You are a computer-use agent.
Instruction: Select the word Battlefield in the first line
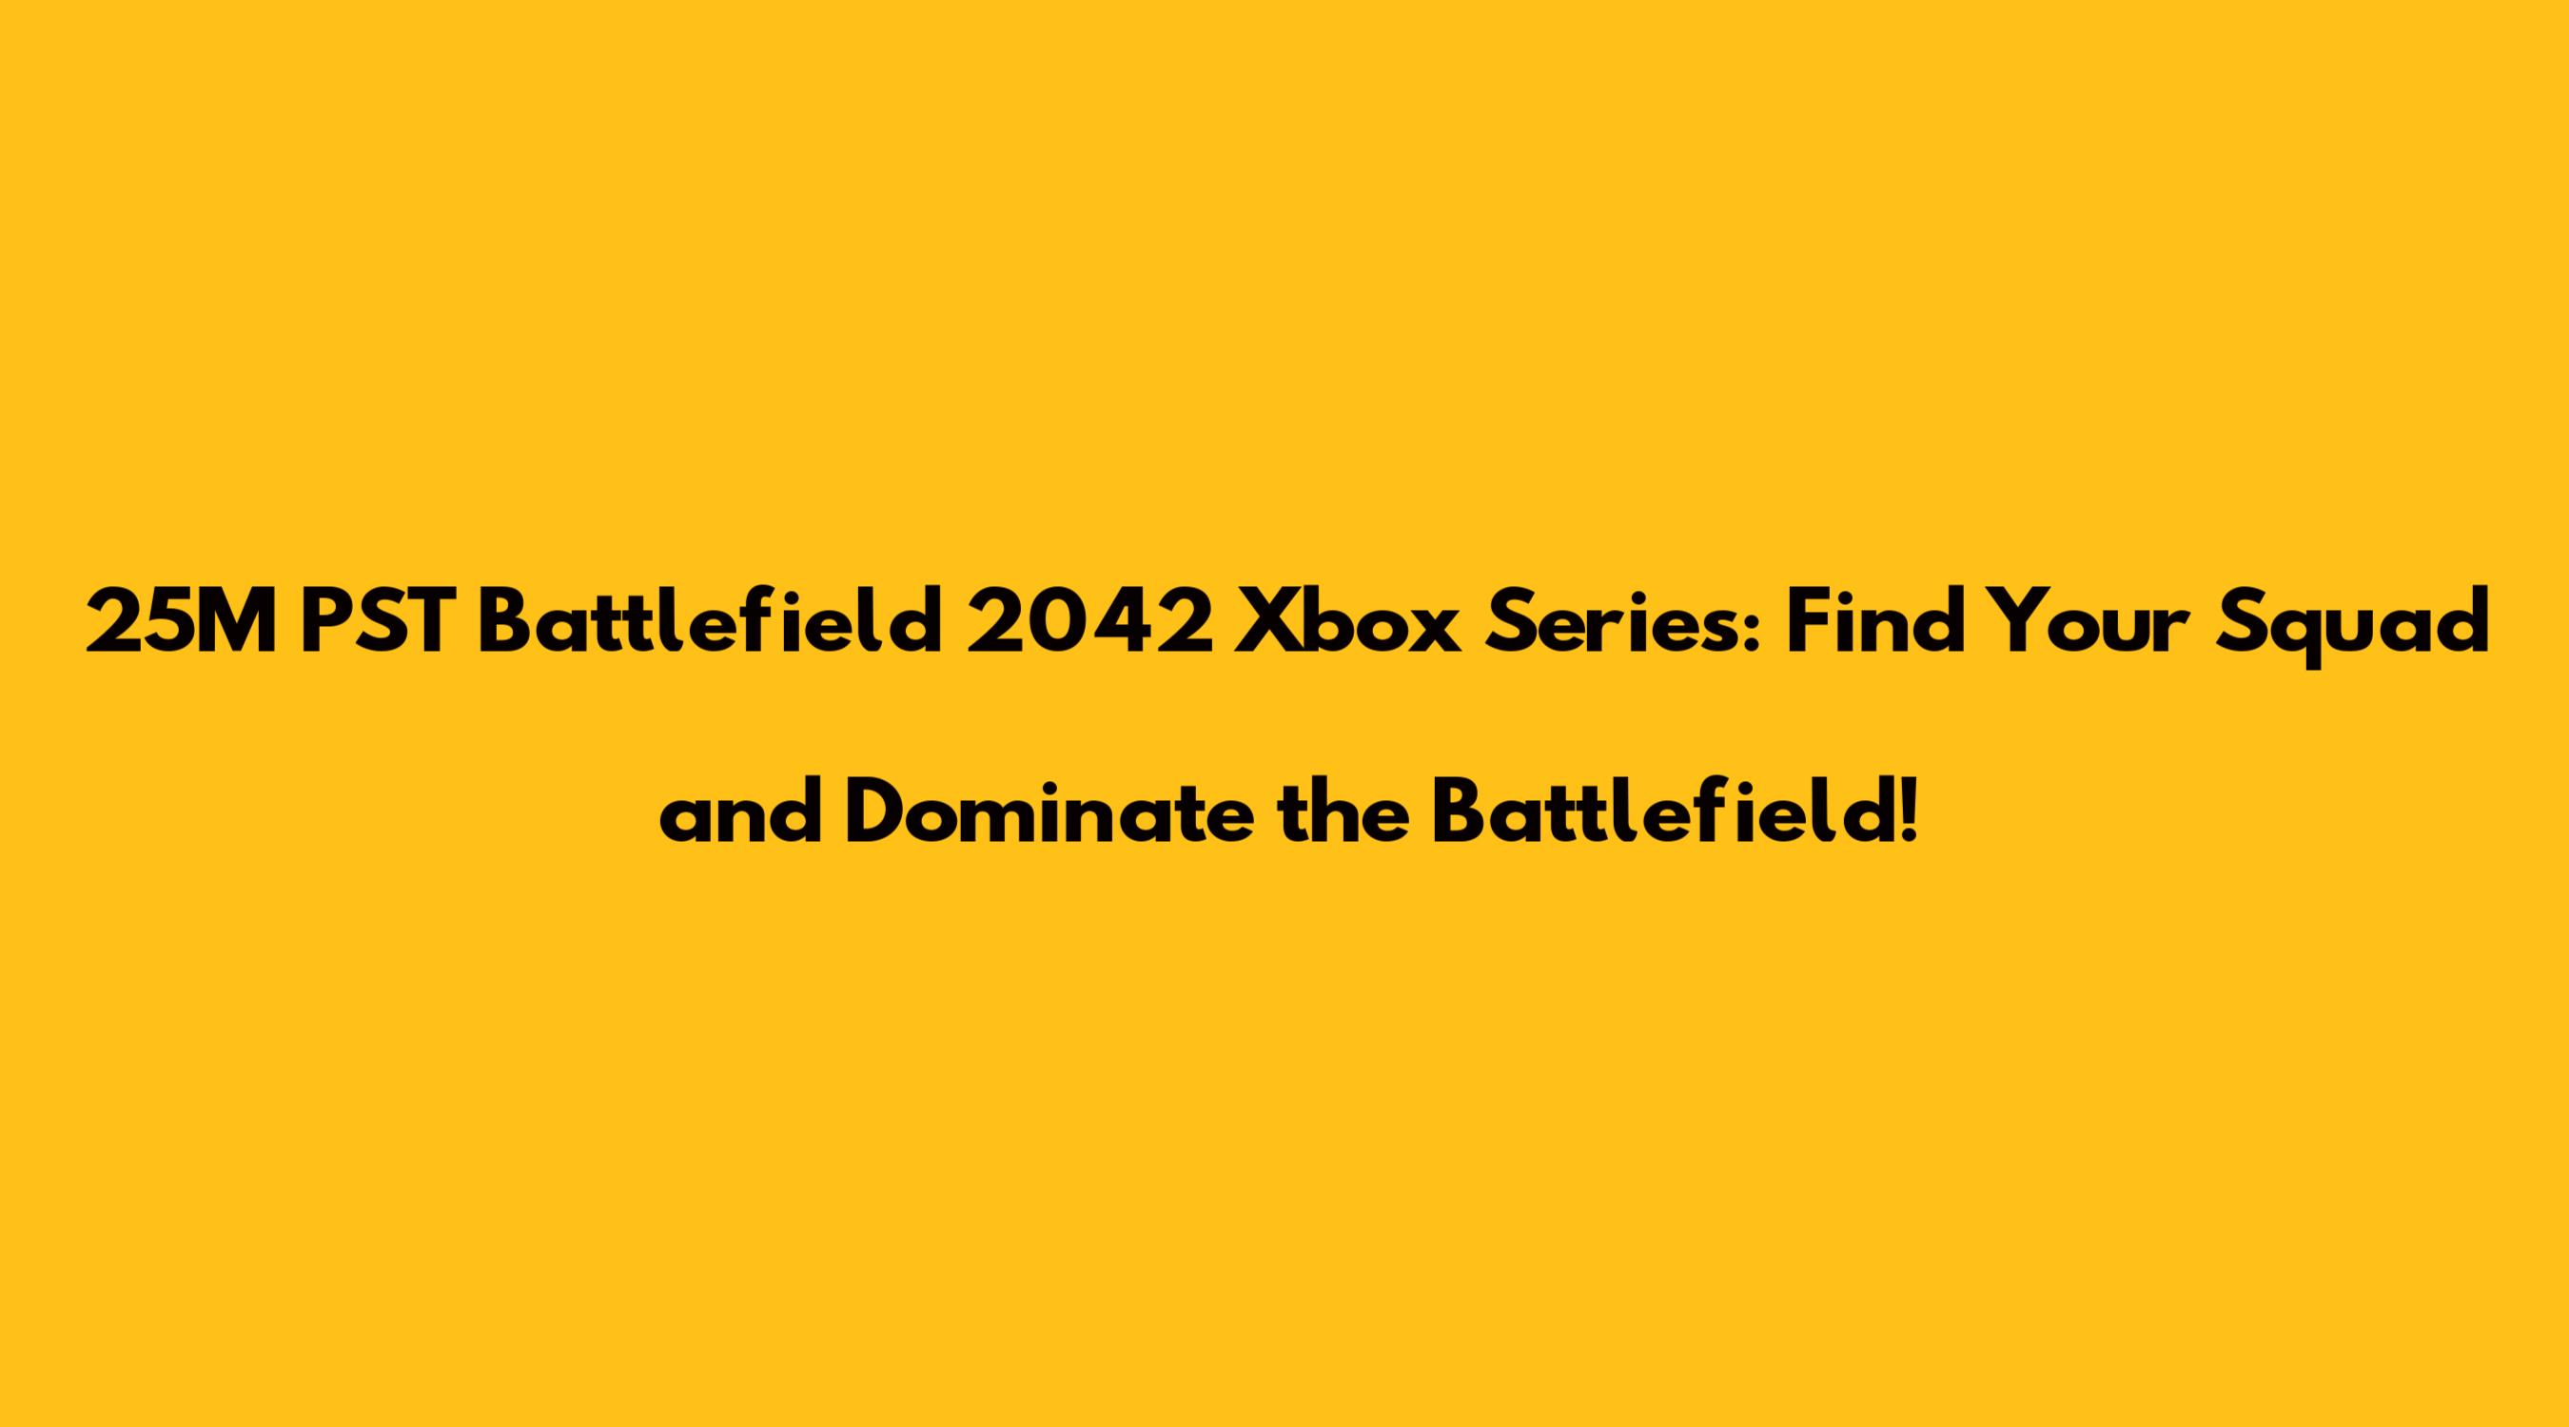click(x=709, y=622)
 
